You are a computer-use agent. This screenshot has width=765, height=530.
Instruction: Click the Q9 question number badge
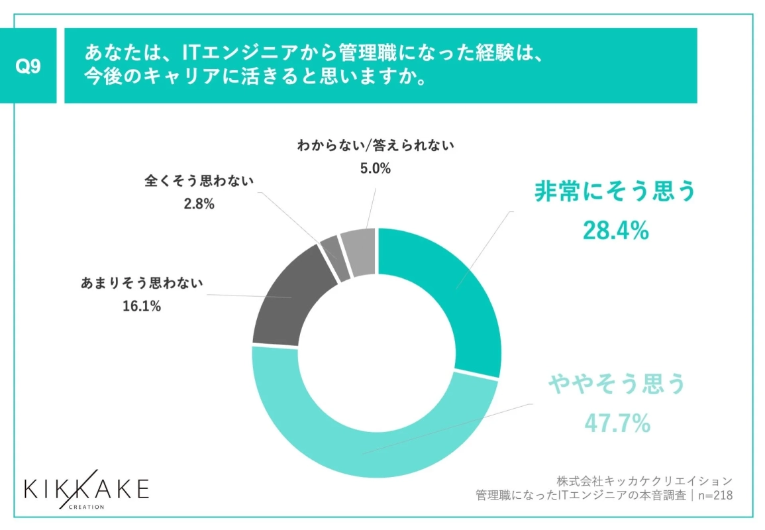(28, 66)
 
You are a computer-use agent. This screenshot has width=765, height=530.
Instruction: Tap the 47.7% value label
(615, 422)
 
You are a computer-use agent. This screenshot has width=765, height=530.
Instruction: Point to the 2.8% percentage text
(199, 204)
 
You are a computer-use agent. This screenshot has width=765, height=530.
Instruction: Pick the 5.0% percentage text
(374, 168)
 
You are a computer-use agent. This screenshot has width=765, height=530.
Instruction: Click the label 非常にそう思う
(615, 192)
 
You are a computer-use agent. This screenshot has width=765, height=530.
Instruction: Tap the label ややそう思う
(615, 384)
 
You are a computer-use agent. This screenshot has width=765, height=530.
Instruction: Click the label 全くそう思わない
(199, 182)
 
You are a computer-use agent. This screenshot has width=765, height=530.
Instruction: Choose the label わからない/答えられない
(375, 146)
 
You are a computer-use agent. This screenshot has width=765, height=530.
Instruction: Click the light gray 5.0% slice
(360, 252)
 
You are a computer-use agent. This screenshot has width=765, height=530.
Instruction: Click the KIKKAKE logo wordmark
(87, 489)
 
